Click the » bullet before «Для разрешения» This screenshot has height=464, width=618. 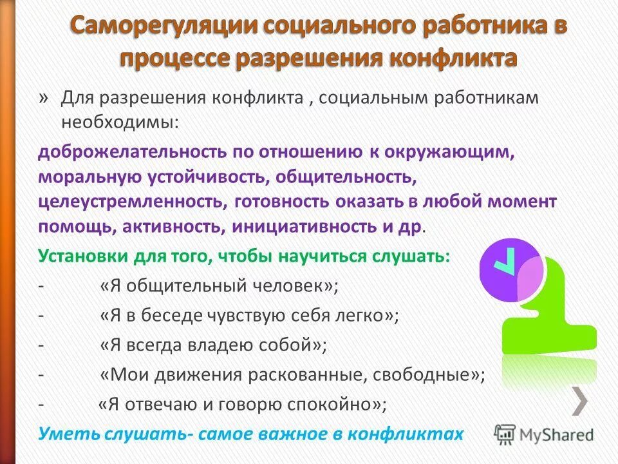(x=43, y=97)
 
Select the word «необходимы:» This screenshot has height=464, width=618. (x=118, y=121)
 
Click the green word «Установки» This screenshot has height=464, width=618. (x=82, y=256)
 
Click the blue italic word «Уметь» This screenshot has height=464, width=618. (x=62, y=434)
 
